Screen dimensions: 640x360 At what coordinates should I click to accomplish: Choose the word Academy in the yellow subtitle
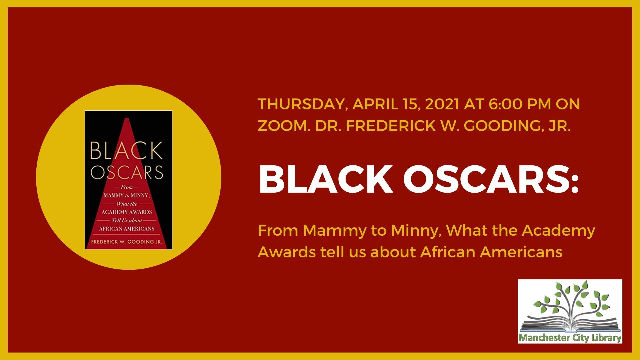click(x=558, y=231)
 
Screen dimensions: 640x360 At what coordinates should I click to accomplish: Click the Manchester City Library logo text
click(x=570, y=338)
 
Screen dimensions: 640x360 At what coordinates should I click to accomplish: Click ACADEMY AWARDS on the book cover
click(x=127, y=212)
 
